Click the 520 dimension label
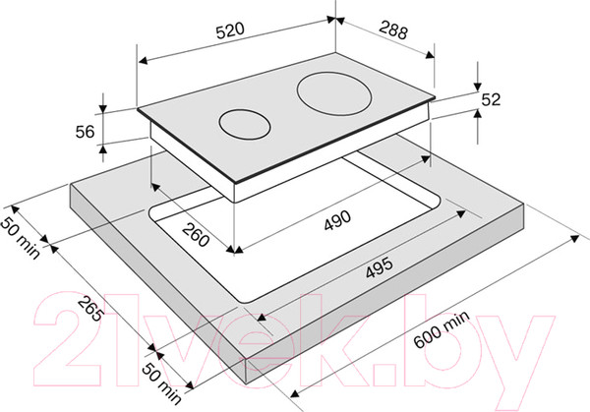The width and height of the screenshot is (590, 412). tap(230, 30)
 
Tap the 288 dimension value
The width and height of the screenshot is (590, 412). tap(393, 30)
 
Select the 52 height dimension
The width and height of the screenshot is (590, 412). tap(491, 99)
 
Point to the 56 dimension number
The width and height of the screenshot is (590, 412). tap(85, 132)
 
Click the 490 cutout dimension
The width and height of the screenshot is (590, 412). tap(337, 220)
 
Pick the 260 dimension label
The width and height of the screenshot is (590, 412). tap(196, 234)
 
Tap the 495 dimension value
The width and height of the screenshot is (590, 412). tap(380, 267)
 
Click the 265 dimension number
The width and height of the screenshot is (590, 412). tap(90, 309)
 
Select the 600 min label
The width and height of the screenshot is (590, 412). tap(442, 328)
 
